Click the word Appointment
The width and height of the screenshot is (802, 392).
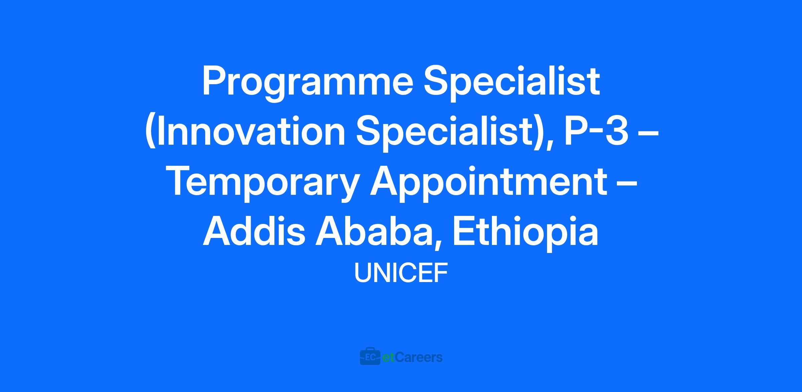[489, 183]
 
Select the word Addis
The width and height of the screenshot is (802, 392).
[254, 232]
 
